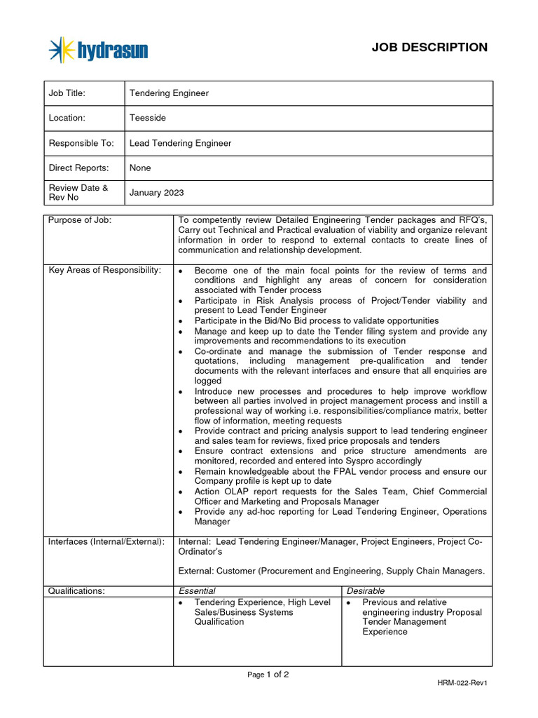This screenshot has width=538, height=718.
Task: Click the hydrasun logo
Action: tap(99, 50)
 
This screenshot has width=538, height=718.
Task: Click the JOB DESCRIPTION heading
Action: tap(429, 48)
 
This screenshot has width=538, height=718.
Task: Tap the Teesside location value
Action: tap(148, 118)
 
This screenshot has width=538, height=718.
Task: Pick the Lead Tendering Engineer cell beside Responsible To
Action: tap(180, 143)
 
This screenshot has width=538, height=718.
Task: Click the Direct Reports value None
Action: tap(140, 168)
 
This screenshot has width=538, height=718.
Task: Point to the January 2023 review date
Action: tap(157, 193)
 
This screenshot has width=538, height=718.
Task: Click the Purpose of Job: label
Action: tap(80, 220)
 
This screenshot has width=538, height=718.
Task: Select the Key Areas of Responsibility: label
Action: tap(104, 271)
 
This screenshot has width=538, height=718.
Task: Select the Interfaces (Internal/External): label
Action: tap(106, 541)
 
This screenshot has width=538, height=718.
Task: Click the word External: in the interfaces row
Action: tap(197, 571)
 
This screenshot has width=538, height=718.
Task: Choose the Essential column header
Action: tap(197, 591)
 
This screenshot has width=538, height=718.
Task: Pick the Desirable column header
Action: tap(366, 591)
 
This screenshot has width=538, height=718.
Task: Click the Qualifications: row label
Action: tap(76, 591)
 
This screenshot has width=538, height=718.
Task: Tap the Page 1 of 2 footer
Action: tap(268, 675)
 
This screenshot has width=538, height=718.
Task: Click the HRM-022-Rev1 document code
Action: tap(462, 684)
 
